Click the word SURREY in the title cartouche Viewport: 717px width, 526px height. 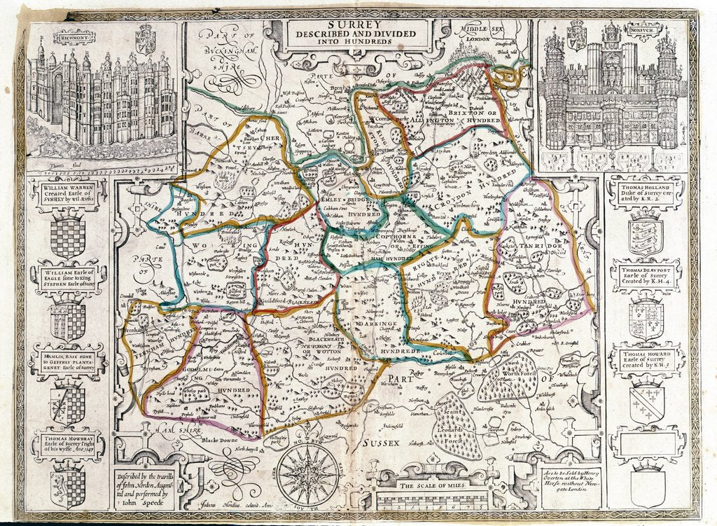[x=358, y=23]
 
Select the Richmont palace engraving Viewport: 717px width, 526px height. [x=102, y=98]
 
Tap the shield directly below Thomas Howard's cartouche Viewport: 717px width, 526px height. [x=645, y=403]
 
